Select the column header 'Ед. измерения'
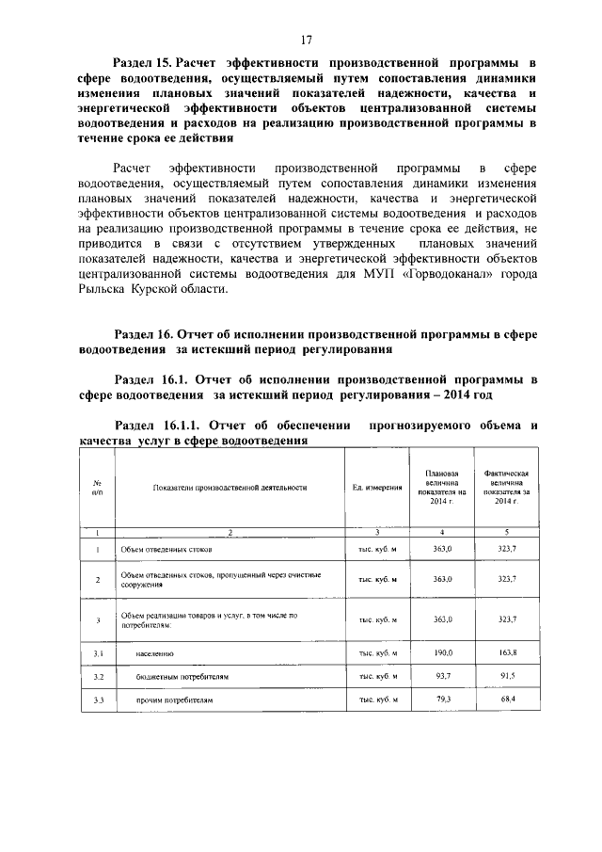click(x=378, y=487)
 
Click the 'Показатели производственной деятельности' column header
click(x=228, y=487)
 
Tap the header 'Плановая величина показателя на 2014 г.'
click(x=441, y=487)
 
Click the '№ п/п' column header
click(x=98, y=487)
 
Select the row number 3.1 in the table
click(x=98, y=652)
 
